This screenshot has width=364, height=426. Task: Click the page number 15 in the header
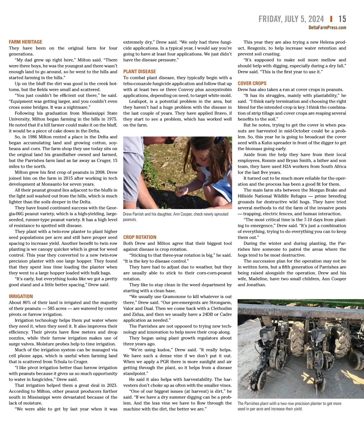click(x=342, y=19)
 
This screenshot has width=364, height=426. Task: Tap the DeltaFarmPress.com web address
click(x=327, y=28)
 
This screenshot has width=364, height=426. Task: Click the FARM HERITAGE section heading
click(x=25, y=42)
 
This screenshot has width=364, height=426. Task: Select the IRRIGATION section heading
click(x=21, y=296)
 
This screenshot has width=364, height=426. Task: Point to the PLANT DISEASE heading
click(x=140, y=72)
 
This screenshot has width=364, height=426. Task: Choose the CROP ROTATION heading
click(x=140, y=237)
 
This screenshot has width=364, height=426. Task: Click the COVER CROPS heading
click(x=252, y=83)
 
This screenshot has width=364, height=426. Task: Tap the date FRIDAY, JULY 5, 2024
click(x=291, y=19)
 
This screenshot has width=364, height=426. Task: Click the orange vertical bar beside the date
click(x=331, y=19)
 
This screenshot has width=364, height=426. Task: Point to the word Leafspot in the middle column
click(x=138, y=101)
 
